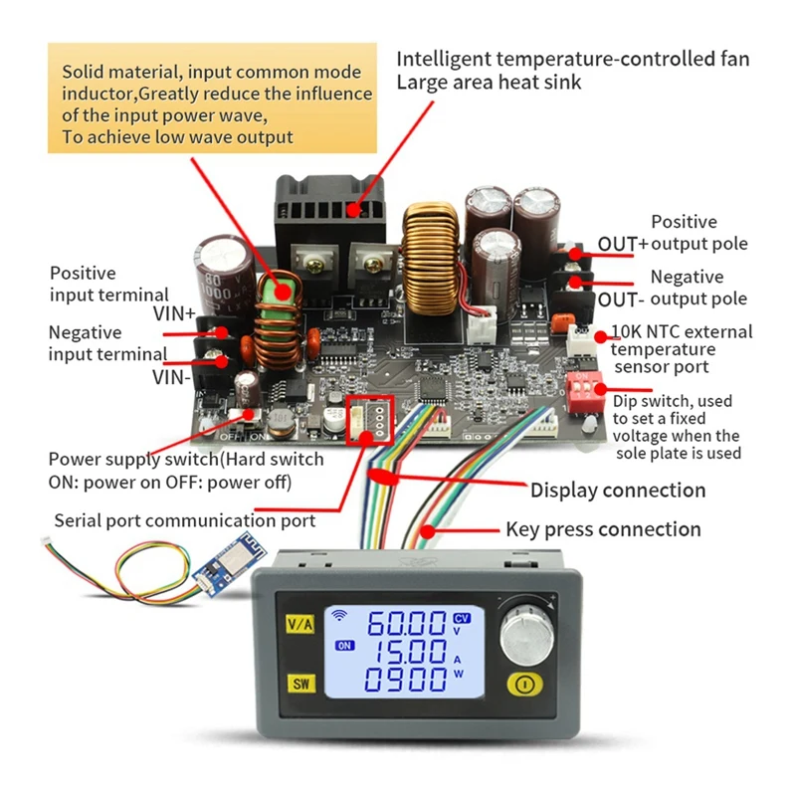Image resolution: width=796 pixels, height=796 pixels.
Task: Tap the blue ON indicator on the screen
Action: [x=345, y=645]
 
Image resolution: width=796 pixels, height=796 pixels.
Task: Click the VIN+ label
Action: [x=176, y=312]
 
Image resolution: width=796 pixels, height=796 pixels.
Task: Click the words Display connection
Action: [x=617, y=490]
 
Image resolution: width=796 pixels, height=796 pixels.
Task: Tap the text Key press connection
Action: [x=603, y=529]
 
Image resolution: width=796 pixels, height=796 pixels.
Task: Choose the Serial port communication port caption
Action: [x=184, y=520]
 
